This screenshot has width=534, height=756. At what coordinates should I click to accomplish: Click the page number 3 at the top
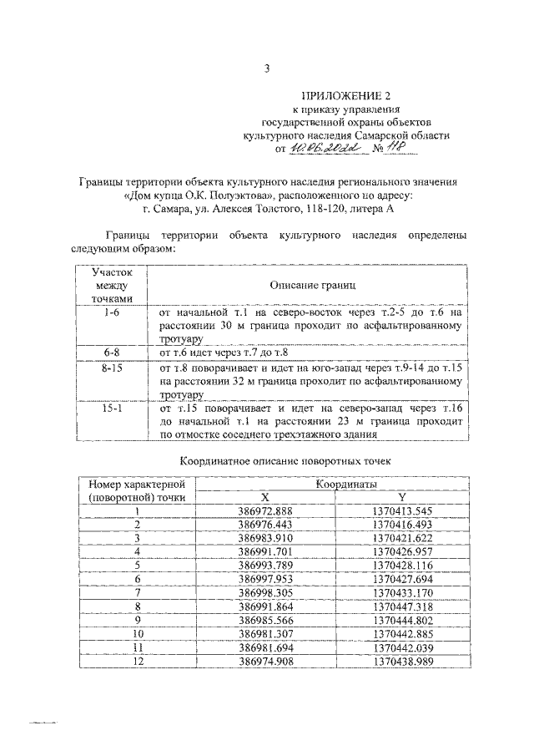(x=267, y=69)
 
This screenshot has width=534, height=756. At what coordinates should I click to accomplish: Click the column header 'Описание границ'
(x=306, y=286)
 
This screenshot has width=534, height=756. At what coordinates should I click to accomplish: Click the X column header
(x=264, y=497)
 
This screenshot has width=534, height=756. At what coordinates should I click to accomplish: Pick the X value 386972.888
(x=264, y=510)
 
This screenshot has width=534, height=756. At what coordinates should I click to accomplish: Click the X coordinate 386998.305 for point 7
(x=264, y=592)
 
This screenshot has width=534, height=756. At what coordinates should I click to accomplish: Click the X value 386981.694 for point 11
(x=264, y=647)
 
